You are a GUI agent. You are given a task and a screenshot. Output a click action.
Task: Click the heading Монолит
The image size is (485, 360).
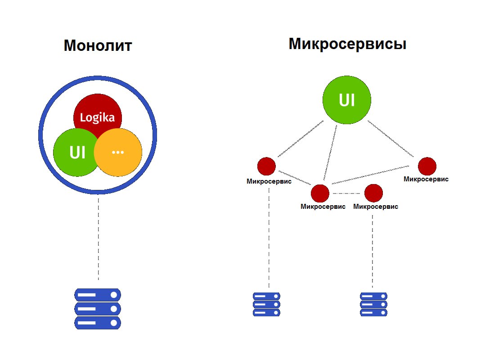click(98, 45)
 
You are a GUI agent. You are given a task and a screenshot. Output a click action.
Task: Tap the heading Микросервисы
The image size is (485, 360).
click(347, 44)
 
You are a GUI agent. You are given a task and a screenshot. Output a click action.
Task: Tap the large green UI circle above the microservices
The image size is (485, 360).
click(346, 100)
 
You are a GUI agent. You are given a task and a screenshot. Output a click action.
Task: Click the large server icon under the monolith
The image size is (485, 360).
click(98, 309)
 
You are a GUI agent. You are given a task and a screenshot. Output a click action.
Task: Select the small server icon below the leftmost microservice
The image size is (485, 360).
click(266, 304)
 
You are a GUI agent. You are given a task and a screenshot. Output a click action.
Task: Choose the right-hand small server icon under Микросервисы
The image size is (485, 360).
click(373, 304)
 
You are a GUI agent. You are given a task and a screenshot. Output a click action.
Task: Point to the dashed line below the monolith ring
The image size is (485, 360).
click(98, 238)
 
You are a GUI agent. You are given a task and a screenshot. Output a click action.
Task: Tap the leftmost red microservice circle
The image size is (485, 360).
click(266, 166)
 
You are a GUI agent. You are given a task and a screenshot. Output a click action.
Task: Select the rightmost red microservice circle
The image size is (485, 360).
click(427, 166)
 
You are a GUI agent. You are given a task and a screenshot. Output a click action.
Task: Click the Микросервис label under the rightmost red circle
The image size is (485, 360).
click(426, 179)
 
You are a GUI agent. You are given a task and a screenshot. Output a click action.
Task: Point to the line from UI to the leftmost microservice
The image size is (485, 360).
click(301, 139)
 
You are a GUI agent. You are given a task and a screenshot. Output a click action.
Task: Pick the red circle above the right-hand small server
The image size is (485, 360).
click(373, 193)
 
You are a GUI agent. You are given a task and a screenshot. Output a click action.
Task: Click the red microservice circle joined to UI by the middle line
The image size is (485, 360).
click(320, 193)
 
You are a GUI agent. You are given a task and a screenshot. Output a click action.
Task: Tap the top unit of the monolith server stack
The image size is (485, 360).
click(98, 295)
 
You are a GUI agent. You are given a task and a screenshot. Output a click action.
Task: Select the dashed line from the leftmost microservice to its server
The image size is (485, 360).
click(269, 238)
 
